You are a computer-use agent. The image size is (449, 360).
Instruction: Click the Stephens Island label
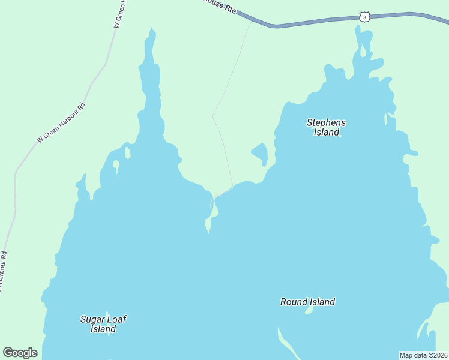pos(326,127)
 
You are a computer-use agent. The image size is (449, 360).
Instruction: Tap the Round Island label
pos(307,302)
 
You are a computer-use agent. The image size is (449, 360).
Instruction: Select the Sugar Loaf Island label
pos(103,324)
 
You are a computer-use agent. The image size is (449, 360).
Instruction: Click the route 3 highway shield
pos(364,17)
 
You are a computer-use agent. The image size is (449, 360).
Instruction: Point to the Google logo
pos(20,353)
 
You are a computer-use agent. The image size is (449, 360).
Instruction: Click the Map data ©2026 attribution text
pos(423,355)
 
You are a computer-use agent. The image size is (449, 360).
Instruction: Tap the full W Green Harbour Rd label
pos(62,122)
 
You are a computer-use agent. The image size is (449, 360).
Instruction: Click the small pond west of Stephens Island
pos(260,153)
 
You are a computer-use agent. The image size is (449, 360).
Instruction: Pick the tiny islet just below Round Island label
pos(309,311)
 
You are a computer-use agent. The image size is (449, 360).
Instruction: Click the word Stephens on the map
pos(326,122)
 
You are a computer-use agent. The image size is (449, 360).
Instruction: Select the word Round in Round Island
pos(294,302)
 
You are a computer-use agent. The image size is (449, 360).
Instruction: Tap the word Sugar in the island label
pos(92,319)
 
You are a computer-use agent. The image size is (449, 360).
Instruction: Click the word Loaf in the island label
pos(117,319)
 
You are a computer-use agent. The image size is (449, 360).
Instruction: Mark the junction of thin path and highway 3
pos(252,20)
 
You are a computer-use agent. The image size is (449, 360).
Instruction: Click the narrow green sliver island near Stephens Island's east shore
pos(385,118)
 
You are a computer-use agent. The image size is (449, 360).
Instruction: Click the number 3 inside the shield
pos(364,17)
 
